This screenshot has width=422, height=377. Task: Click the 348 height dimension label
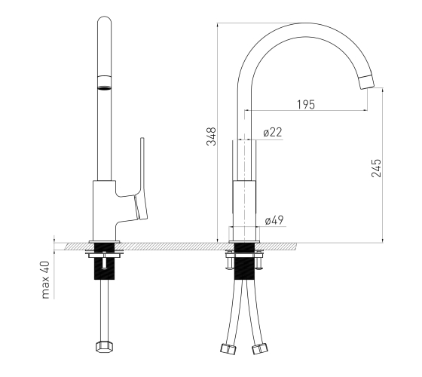click(211, 136)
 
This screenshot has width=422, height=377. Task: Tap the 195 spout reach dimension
click(306, 105)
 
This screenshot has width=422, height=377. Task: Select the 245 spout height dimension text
click(376, 168)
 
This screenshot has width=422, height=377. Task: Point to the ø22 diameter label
click(273, 132)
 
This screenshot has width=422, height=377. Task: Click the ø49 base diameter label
click(274, 220)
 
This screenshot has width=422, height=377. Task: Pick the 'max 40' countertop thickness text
click(46, 280)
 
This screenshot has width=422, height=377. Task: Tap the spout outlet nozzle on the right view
click(366, 82)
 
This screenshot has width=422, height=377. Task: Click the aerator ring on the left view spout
click(104, 87)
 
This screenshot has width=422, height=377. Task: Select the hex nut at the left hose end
click(104, 347)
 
